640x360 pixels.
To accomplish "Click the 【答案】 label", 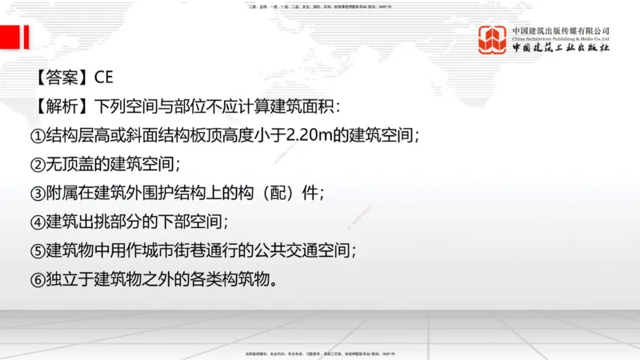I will pyautogui.click(x=62, y=78).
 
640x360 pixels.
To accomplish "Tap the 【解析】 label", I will pyautogui.click(x=62, y=106).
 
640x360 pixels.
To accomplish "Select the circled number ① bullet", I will pyautogui.click(x=37, y=135).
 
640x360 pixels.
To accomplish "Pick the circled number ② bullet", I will pyautogui.click(x=37, y=165).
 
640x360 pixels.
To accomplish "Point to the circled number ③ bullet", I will pyautogui.click(x=37, y=194).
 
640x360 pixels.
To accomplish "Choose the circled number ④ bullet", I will pyautogui.click(x=37, y=222).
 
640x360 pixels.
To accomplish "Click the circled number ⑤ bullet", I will pyautogui.click(x=37, y=251).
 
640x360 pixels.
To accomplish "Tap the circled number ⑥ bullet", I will pyautogui.click(x=37, y=280).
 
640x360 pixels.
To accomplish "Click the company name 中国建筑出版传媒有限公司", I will pyautogui.click(x=561, y=30).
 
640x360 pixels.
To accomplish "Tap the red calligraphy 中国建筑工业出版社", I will pyautogui.click(x=561, y=48).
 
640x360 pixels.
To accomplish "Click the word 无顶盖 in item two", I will pyautogui.click(x=73, y=165).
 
